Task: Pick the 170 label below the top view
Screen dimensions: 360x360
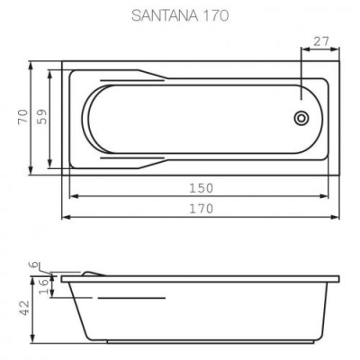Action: (x=202, y=209)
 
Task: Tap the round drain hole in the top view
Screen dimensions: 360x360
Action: (x=301, y=116)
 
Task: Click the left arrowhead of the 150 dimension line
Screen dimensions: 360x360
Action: (x=73, y=196)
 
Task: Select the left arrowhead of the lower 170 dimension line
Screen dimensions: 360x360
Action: (x=64, y=217)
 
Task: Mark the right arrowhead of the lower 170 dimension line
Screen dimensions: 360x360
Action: (x=339, y=217)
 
